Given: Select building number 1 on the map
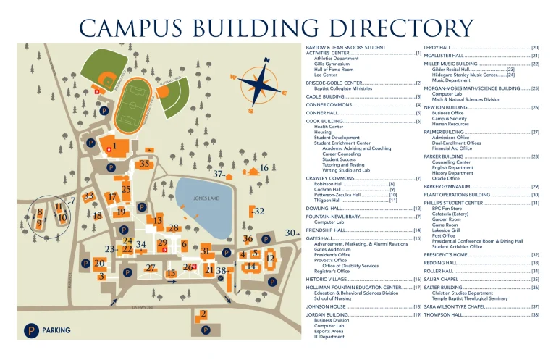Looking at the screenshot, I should point(114,146).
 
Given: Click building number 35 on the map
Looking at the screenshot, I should point(144,164).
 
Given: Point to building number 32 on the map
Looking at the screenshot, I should point(259,211).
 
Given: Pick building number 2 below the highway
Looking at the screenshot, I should point(203,314).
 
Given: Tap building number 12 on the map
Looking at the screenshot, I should point(270,258).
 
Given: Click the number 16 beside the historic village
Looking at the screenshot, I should point(264,168).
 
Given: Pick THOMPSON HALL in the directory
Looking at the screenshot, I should point(444,315).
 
